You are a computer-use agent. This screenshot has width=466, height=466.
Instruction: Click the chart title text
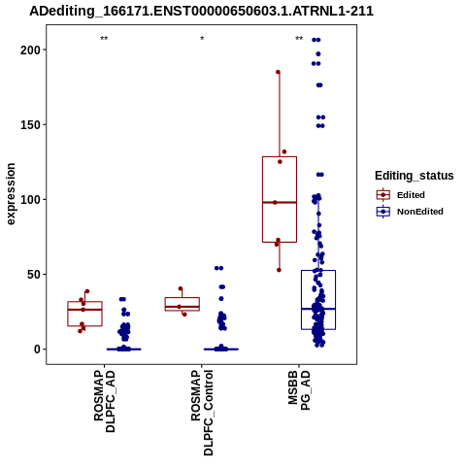201,12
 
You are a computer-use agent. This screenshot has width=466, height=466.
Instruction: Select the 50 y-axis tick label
34,275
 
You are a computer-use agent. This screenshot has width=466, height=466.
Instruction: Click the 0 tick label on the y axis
37,349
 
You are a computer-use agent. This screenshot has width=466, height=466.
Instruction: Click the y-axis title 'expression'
11,194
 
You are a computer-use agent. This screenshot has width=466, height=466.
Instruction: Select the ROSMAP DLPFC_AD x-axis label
104,401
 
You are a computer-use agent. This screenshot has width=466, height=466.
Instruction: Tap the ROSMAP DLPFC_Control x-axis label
202,413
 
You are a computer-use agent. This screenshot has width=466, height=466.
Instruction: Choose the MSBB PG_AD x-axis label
299,390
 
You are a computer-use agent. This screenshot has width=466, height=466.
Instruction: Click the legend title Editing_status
415,176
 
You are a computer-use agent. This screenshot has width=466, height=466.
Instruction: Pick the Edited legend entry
401,195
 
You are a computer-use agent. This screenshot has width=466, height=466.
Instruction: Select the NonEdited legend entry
410,212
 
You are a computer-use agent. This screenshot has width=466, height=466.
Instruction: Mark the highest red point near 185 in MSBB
278,72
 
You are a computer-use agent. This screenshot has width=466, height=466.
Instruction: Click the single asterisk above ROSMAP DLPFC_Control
202,38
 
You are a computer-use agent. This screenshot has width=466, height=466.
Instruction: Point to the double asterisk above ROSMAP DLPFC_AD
104,38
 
